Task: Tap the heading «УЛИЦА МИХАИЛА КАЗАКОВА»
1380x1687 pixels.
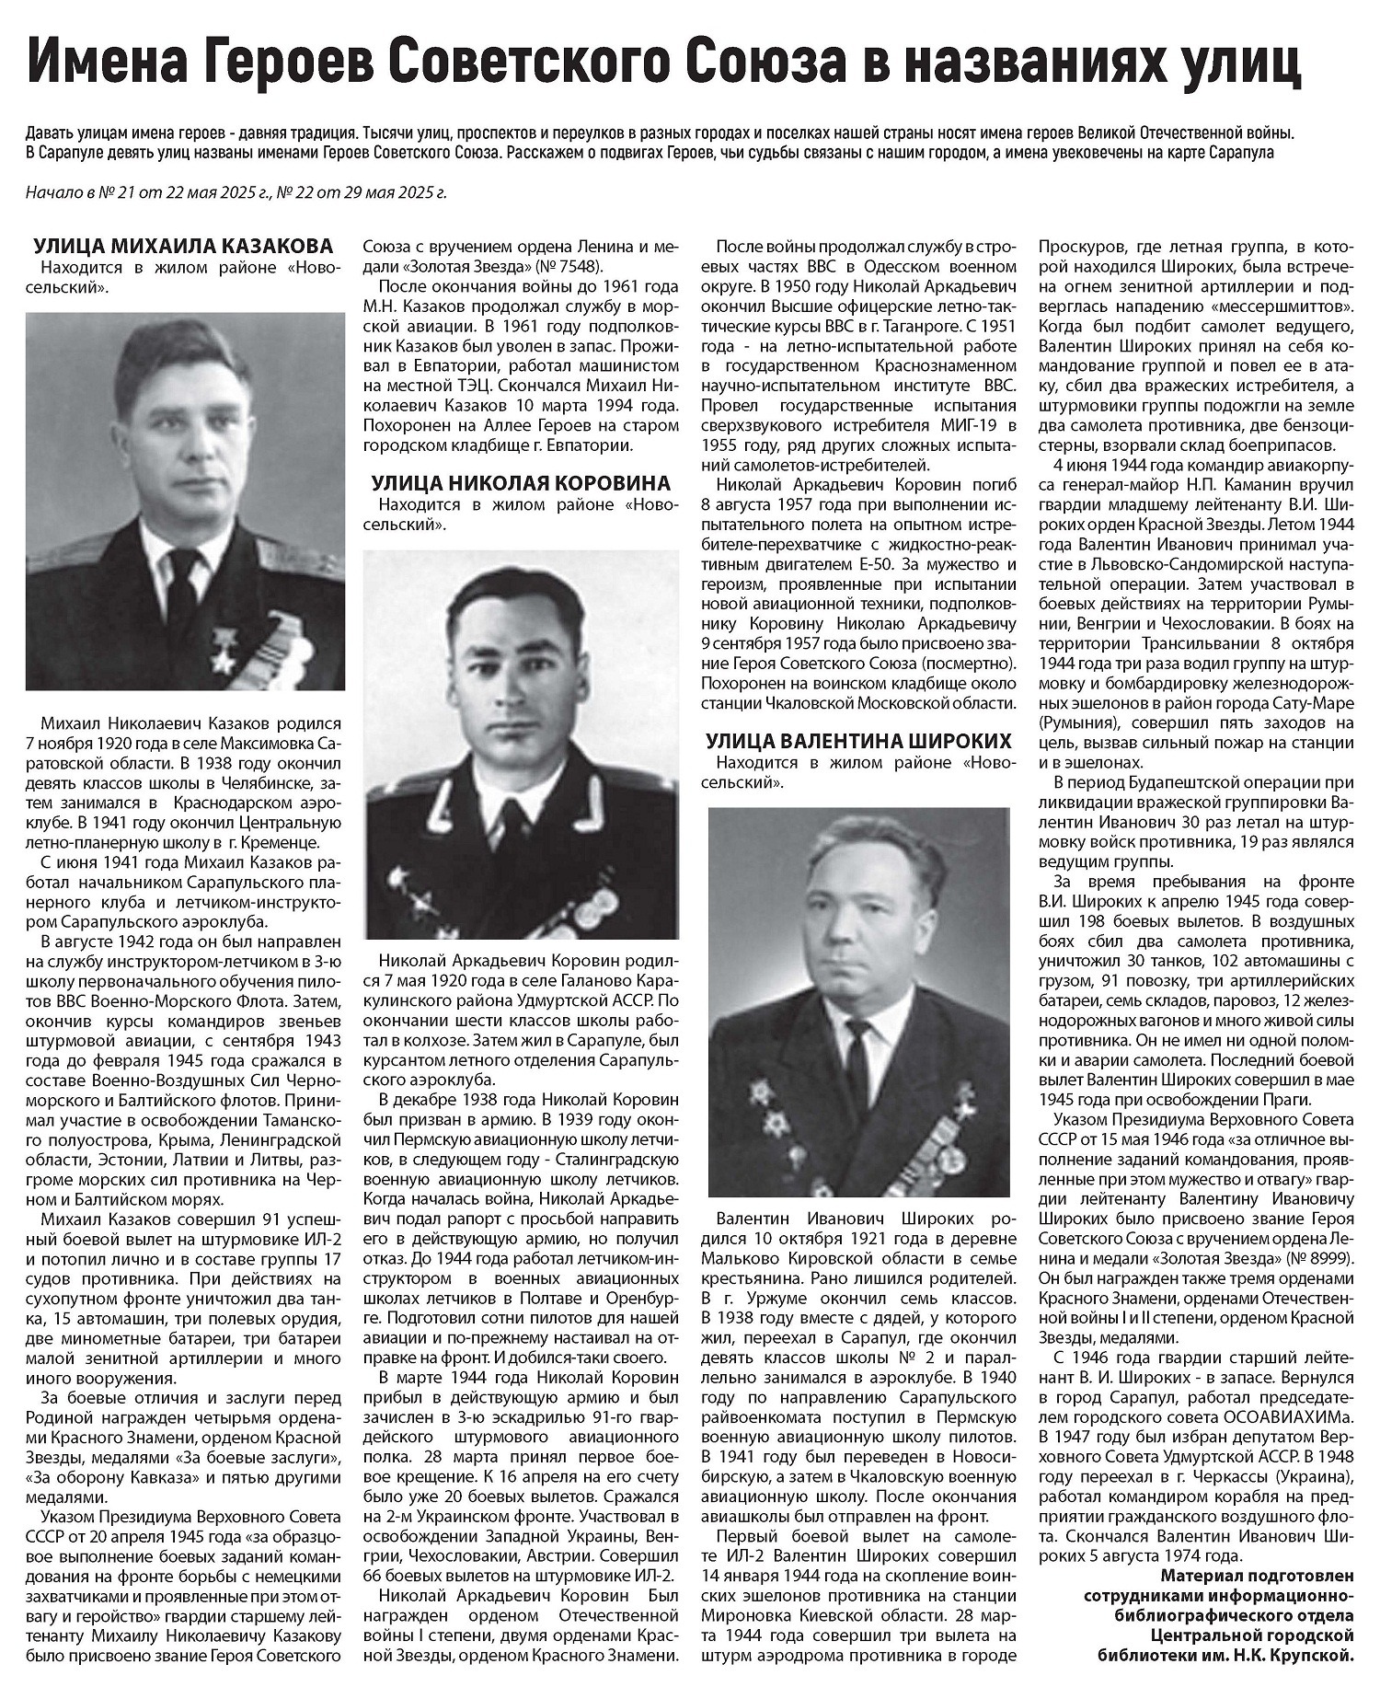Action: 183,246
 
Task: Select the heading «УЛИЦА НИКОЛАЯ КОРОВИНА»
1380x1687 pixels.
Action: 521,483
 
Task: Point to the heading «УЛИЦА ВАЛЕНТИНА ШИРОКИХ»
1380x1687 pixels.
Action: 858,741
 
